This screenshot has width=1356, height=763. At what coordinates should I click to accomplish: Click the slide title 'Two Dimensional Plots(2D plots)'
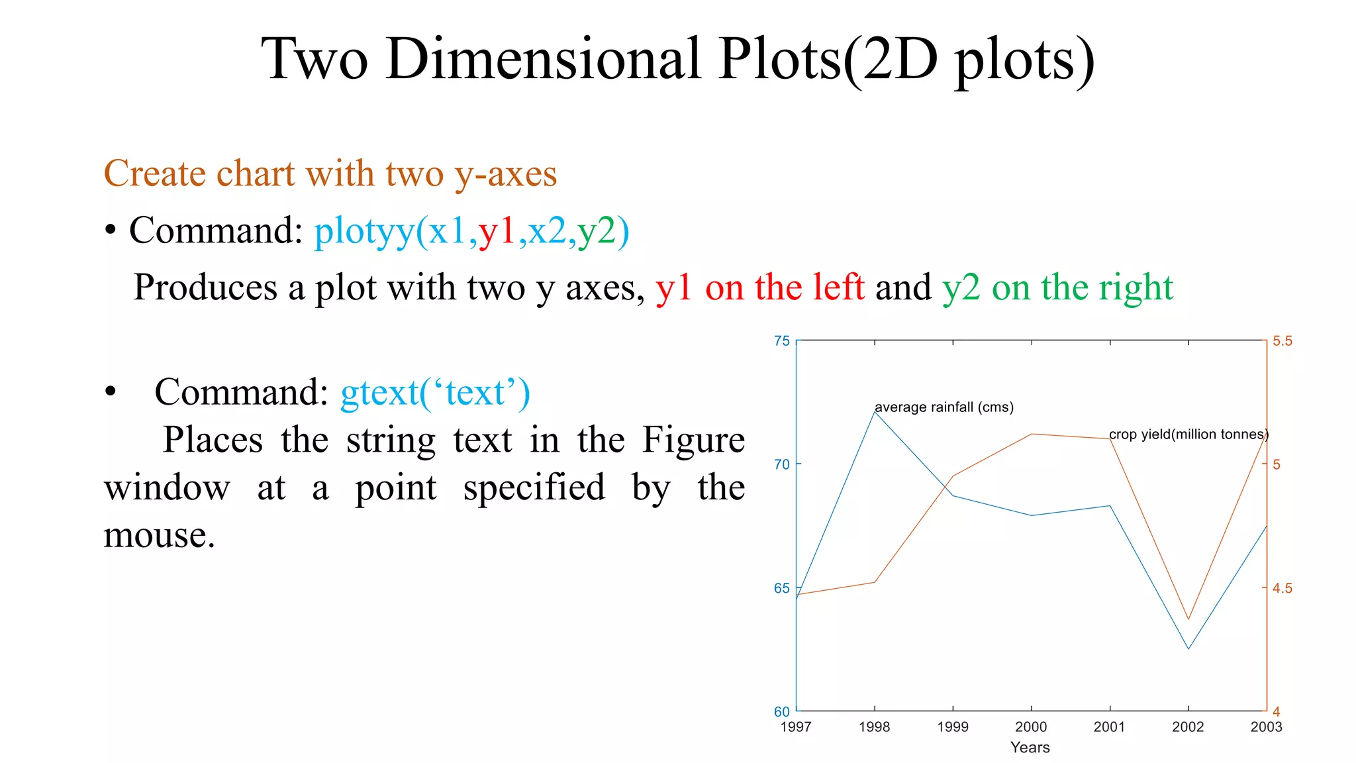click(677, 60)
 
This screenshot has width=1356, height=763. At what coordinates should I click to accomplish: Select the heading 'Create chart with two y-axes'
click(330, 174)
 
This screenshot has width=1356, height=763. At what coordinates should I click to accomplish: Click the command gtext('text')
click(435, 392)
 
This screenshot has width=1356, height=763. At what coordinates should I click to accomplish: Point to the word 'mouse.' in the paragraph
click(159, 535)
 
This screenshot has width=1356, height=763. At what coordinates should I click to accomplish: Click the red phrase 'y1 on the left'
click(759, 287)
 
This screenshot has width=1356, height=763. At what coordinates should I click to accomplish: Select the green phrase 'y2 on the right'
click(1057, 287)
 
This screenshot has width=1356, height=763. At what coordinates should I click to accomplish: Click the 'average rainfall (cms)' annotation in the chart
click(944, 407)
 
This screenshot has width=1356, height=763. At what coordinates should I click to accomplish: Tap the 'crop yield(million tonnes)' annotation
click(1188, 434)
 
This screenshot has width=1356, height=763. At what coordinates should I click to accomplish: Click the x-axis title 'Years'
click(1030, 747)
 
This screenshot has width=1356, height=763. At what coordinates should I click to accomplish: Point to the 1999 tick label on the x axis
click(953, 727)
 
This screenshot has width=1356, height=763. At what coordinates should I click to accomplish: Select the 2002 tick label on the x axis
click(1188, 727)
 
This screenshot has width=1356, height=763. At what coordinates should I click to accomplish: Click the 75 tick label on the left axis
click(782, 341)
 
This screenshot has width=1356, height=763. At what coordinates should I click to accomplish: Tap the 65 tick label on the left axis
click(782, 588)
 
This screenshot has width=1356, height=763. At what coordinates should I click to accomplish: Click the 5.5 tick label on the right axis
click(1283, 341)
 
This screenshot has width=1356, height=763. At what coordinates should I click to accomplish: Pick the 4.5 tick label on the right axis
click(1283, 588)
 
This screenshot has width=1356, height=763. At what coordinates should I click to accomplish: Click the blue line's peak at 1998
click(875, 411)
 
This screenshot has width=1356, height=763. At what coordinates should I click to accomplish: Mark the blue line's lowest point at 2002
click(1188, 648)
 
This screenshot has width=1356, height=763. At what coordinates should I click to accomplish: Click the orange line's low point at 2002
click(1188, 619)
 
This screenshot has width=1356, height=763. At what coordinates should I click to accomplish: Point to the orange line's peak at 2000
click(1032, 434)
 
